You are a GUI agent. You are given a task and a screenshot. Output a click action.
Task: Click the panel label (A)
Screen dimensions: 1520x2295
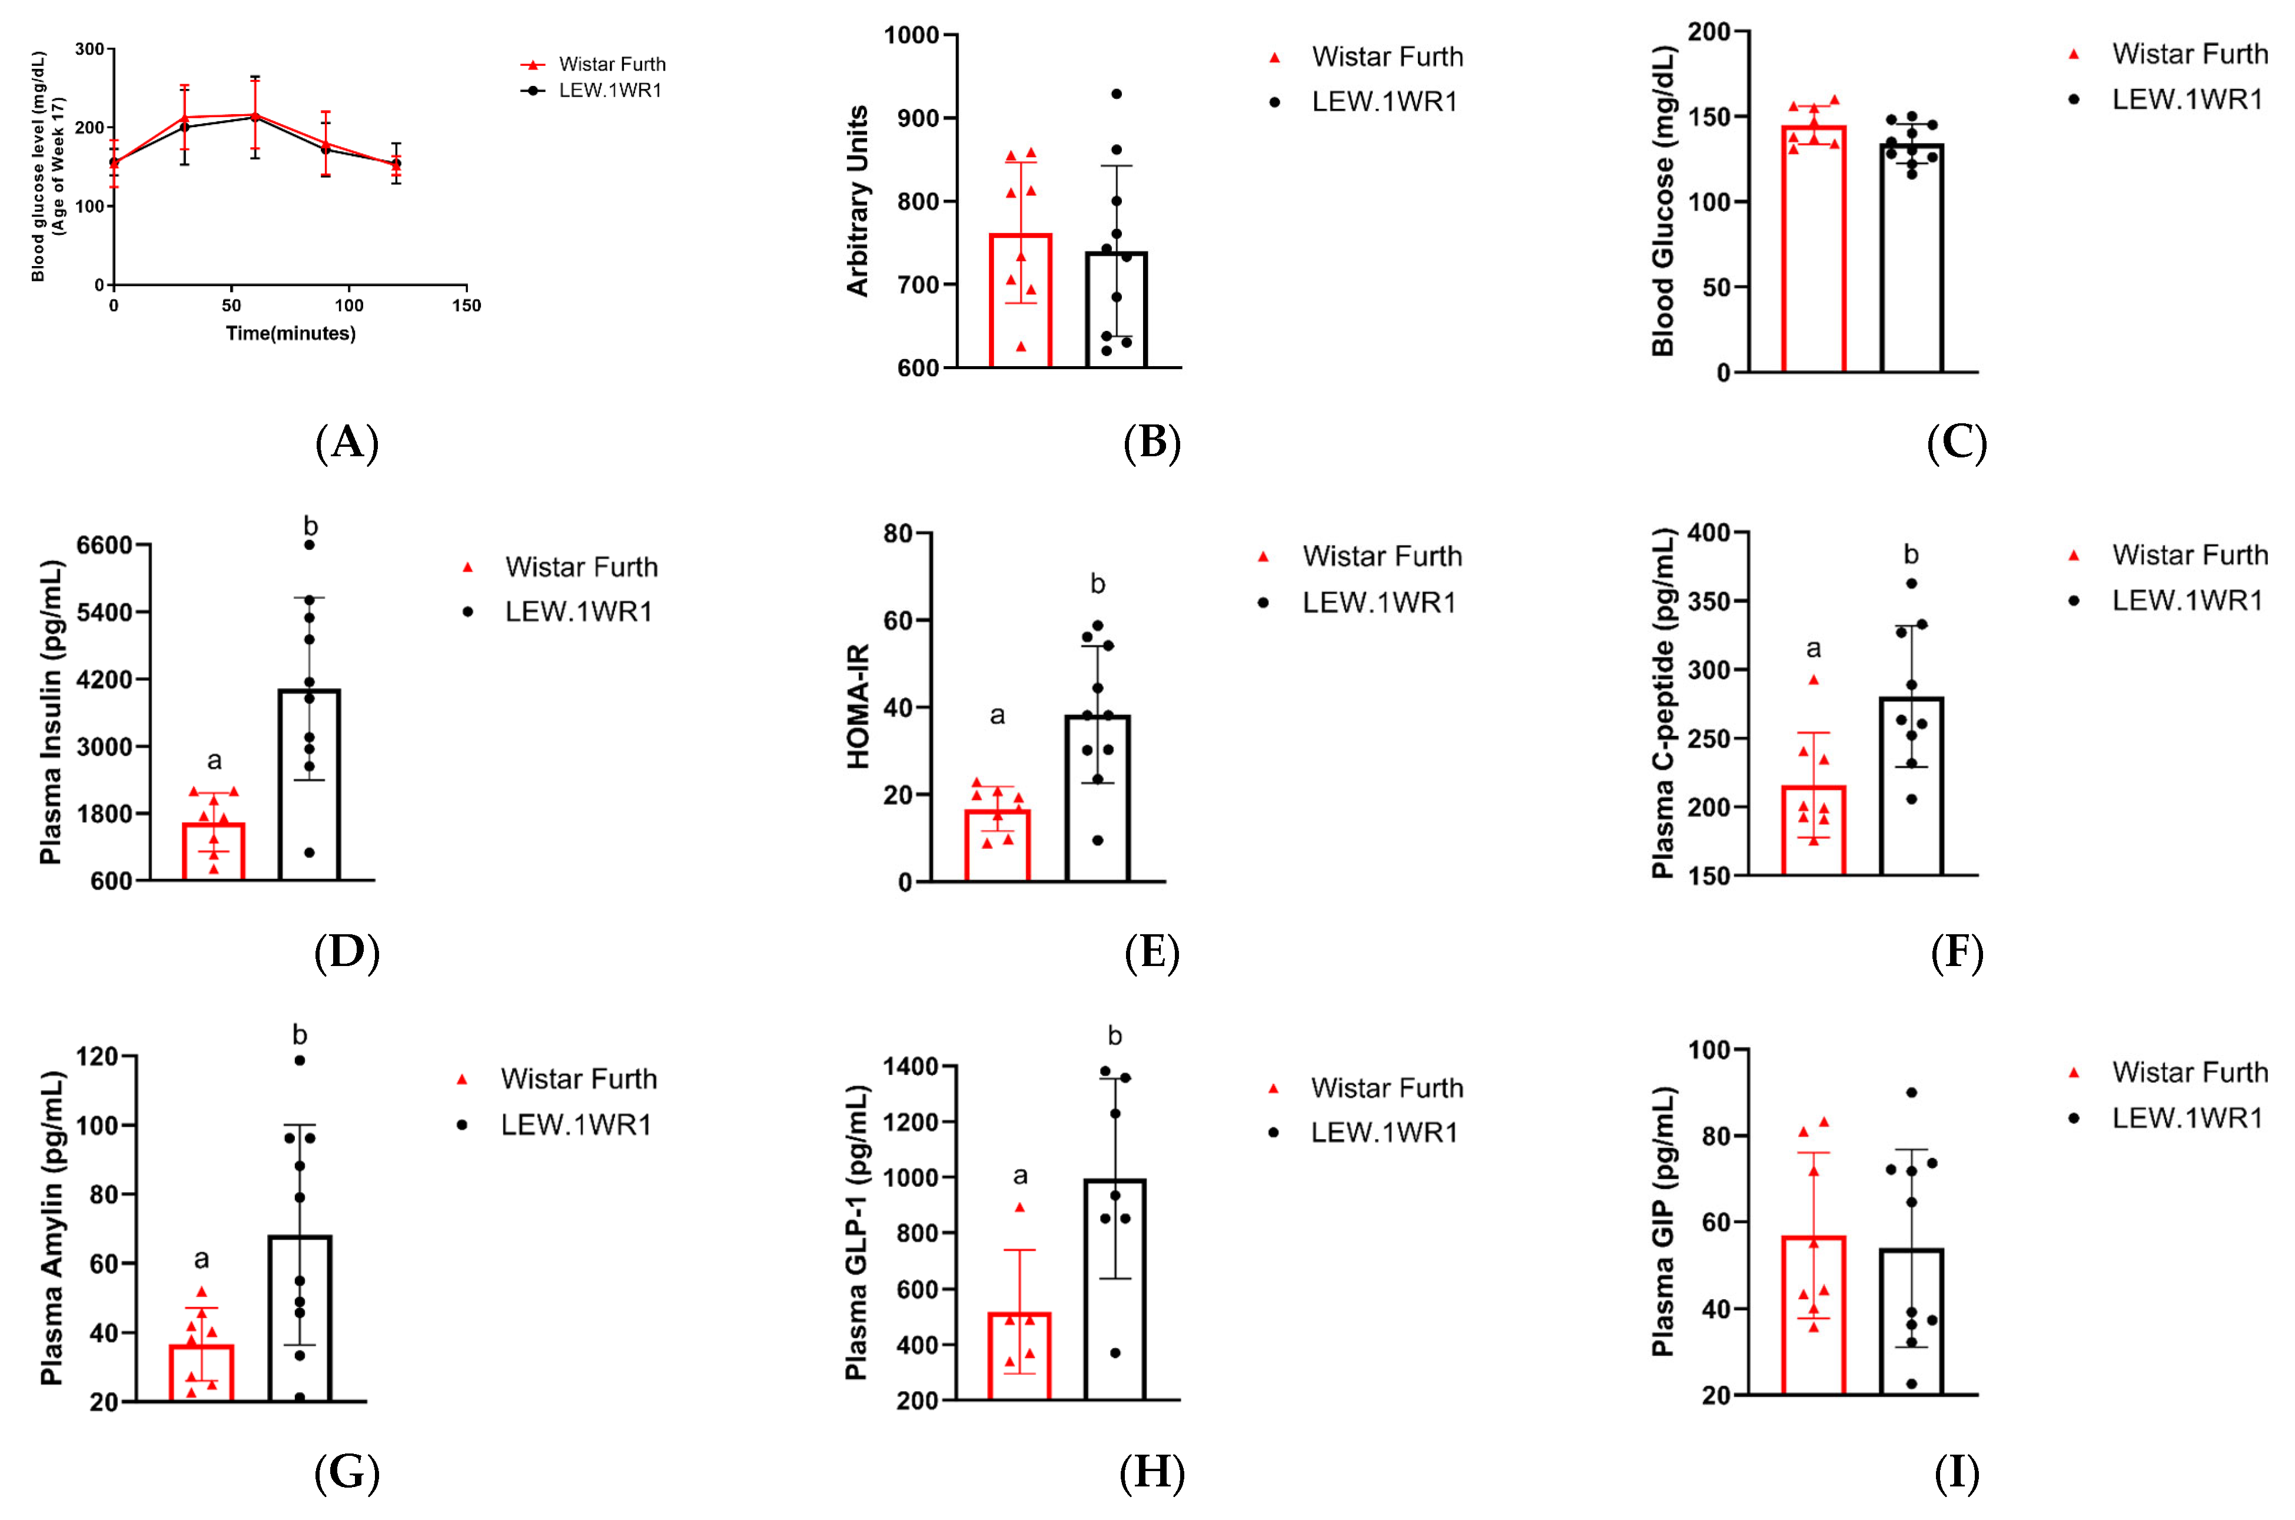347,443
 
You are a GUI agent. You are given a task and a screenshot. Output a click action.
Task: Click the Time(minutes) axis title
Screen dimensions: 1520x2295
291,333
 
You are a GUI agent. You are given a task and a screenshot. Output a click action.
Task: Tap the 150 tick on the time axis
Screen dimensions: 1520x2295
466,306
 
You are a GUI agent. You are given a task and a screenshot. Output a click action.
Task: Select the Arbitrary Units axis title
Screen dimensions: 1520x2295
858,201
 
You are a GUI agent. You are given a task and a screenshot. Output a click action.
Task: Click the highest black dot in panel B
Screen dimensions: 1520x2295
1117,94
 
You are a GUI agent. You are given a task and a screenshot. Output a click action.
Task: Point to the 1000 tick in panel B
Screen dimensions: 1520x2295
911,36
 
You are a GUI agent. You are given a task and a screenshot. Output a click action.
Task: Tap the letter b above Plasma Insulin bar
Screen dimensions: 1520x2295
310,526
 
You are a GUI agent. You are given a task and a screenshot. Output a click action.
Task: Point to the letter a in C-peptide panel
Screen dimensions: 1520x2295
1814,649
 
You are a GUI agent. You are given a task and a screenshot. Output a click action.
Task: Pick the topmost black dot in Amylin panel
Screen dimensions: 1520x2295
300,1060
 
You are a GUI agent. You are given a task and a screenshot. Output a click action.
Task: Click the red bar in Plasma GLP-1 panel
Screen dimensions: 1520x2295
1019,1357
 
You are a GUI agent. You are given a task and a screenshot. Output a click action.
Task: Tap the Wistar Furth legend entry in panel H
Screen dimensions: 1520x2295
1386,1088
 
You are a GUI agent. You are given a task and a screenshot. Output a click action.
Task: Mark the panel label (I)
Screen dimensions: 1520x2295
1957,1473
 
